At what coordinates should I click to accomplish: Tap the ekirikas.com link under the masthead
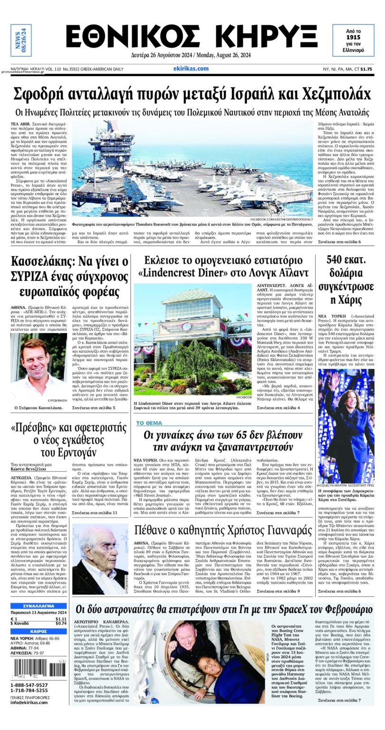click(191, 68)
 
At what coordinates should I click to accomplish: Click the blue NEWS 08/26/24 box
click(21, 40)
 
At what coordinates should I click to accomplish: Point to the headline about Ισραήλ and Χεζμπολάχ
click(192, 93)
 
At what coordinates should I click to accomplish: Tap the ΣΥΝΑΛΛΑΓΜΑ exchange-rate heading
click(39, 606)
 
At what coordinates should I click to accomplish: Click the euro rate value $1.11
click(61, 619)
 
